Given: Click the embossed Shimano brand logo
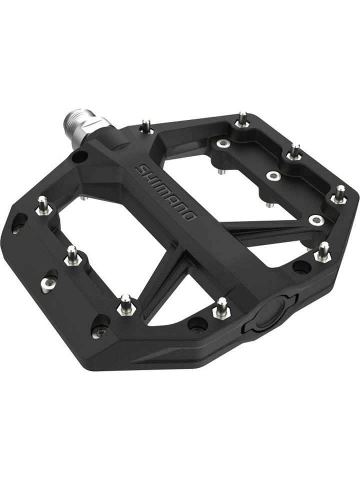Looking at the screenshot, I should tap(165, 192).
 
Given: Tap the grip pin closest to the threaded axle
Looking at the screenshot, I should tap(146, 126).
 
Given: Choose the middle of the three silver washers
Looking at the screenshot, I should tap(272, 176).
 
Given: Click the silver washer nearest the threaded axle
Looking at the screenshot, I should tap(223, 144).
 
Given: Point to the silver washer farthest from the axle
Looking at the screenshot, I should tap(316, 219).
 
